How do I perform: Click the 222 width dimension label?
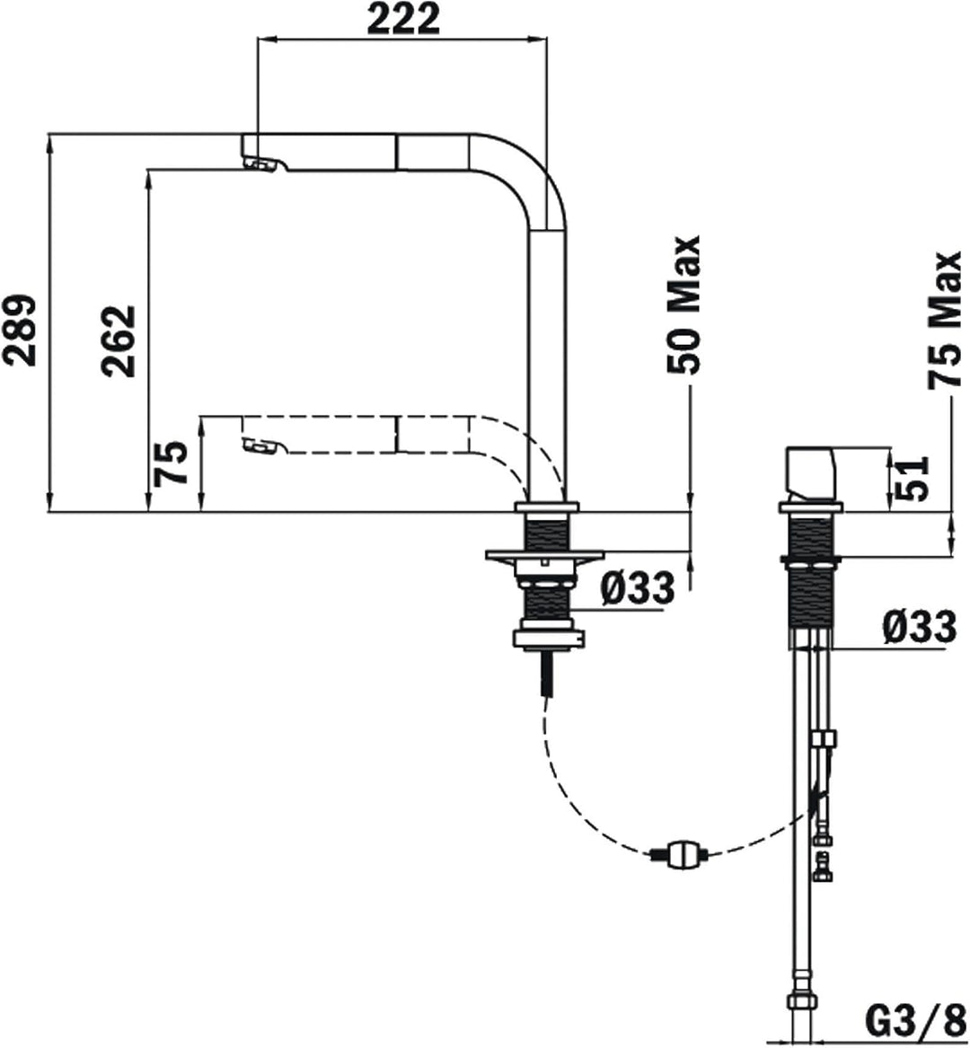pyautogui.click(x=403, y=20)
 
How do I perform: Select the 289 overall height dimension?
pyautogui.click(x=20, y=330)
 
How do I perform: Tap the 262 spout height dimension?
pyautogui.click(x=119, y=341)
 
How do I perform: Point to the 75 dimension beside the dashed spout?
pyautogui.click(x=170, y=463)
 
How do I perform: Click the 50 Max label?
pyautogui.click(x=683, y=304)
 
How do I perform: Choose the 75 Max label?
pyautogui.click(x=944, y=320)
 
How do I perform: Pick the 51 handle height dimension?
pyautogui.click(x=913, y=479)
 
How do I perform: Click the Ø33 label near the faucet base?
pyautogui.click(x=638, y=589)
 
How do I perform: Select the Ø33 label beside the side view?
pyautogui.click(x=919, y=627)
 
